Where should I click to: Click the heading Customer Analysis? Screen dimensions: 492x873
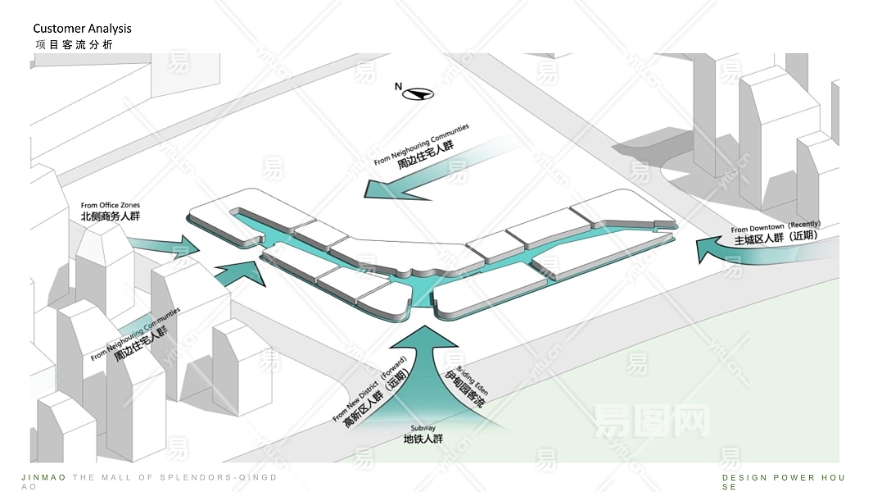click(82, 29)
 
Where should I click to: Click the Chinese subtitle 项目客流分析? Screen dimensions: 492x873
click(74, 45)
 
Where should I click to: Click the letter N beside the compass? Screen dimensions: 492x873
click(399, 86)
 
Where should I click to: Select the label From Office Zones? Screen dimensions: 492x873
click(111, 205)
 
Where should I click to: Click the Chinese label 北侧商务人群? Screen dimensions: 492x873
click(111, 217)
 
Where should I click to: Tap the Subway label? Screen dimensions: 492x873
click(423, 428)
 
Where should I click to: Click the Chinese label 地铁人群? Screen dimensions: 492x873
click(423, 440)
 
